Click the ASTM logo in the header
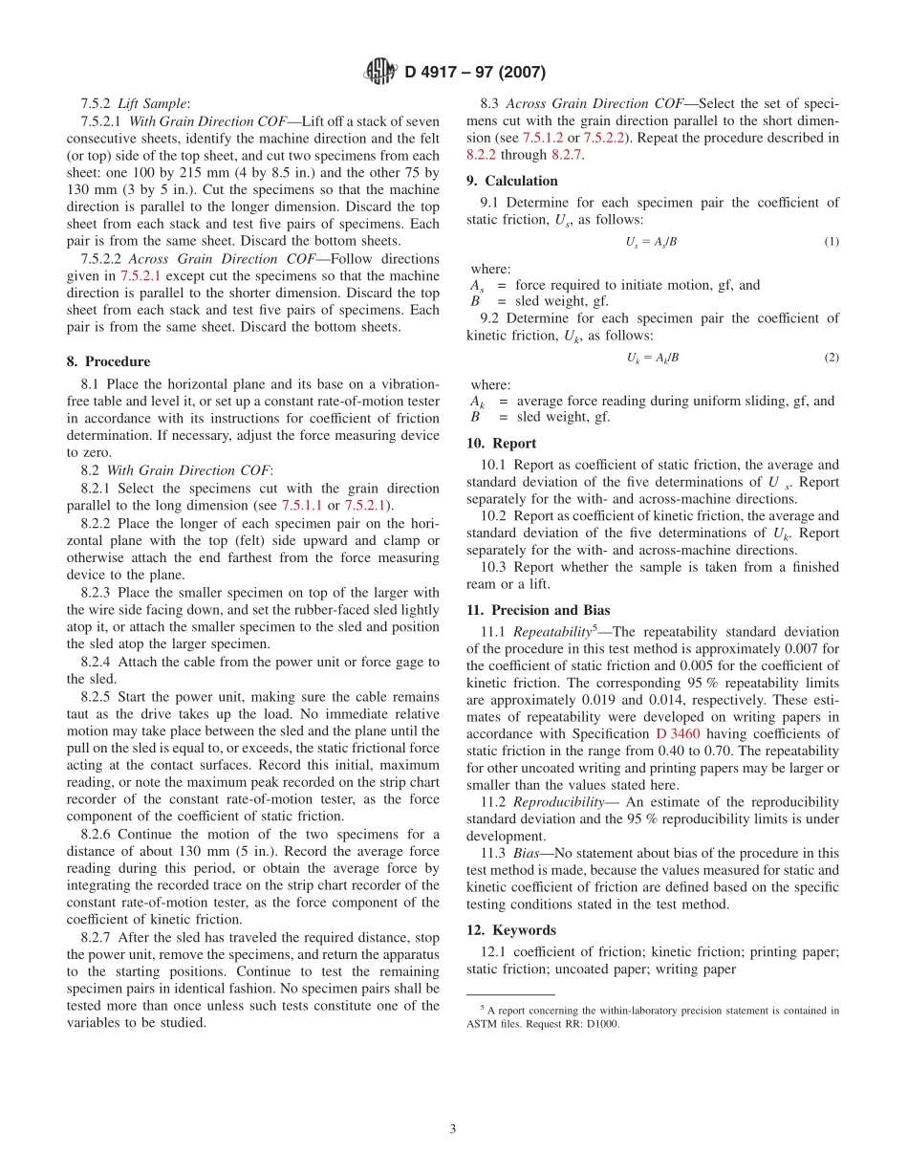[381, 72]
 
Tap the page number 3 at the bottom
[453, 1129]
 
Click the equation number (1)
[832, 242]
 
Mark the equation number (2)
[832, 358]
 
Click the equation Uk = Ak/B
[653, 358]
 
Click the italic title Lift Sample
[153, 103]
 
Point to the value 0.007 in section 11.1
[803, 649]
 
